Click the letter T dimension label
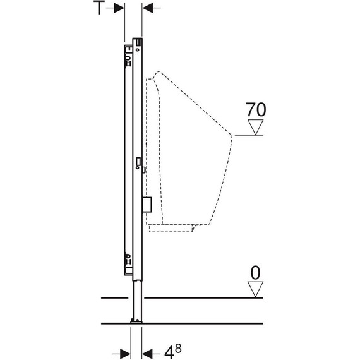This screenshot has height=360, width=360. (99, 8)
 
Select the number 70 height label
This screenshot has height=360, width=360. (256, 110)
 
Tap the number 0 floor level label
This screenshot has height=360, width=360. (255, 273)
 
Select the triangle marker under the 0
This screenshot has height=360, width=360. (255, 289)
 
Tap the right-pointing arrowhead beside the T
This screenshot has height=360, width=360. (119, 8)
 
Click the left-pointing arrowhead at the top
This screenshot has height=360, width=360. (147, 8)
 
